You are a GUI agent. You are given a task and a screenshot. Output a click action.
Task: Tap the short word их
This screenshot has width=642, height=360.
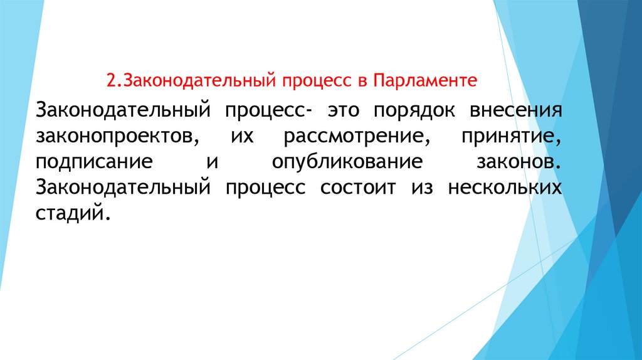click(x=241, y=136)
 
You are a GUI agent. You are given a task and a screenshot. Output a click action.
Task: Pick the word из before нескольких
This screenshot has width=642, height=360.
click(x=422, y=189)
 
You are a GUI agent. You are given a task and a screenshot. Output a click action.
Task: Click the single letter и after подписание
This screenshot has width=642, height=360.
click(x=212, y=163)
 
